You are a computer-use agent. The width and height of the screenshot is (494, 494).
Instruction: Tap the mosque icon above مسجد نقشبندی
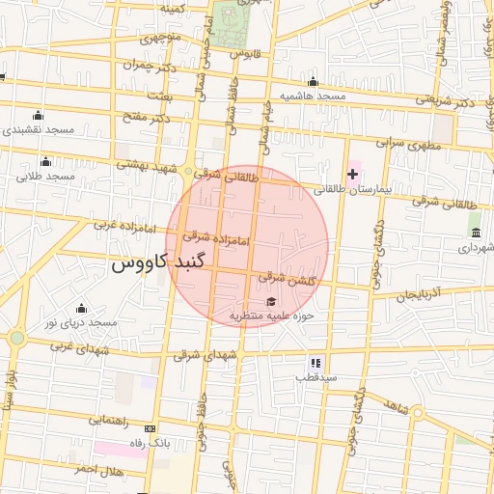pyautogui.click(x=38, y=116)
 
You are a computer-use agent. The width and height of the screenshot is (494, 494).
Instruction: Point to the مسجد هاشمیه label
pyautogui.click(x=312, y=96)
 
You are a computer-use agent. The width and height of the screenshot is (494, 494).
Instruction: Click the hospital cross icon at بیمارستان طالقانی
pyautogui.click(x=353, y=175)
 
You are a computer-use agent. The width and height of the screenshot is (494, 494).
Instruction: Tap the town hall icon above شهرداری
pyautogui.click(x=476, y=232)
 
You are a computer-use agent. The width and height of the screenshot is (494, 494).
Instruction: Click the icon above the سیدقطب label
pyautogui.click(x=316, y=363)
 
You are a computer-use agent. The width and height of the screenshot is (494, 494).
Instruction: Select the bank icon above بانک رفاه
pyautogui.click(x=150, y=427)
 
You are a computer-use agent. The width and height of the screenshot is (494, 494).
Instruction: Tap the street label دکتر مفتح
pyautogui.click(x=146, y=118)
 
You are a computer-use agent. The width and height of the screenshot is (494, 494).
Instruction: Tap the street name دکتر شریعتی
pyautogui.click(x=447, y=100)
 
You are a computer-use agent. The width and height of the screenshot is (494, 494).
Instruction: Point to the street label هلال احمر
pyautogui.click(x=98, y=469)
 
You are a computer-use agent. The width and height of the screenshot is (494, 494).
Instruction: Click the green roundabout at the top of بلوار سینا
pyautogui.click(x=16, y=338)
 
